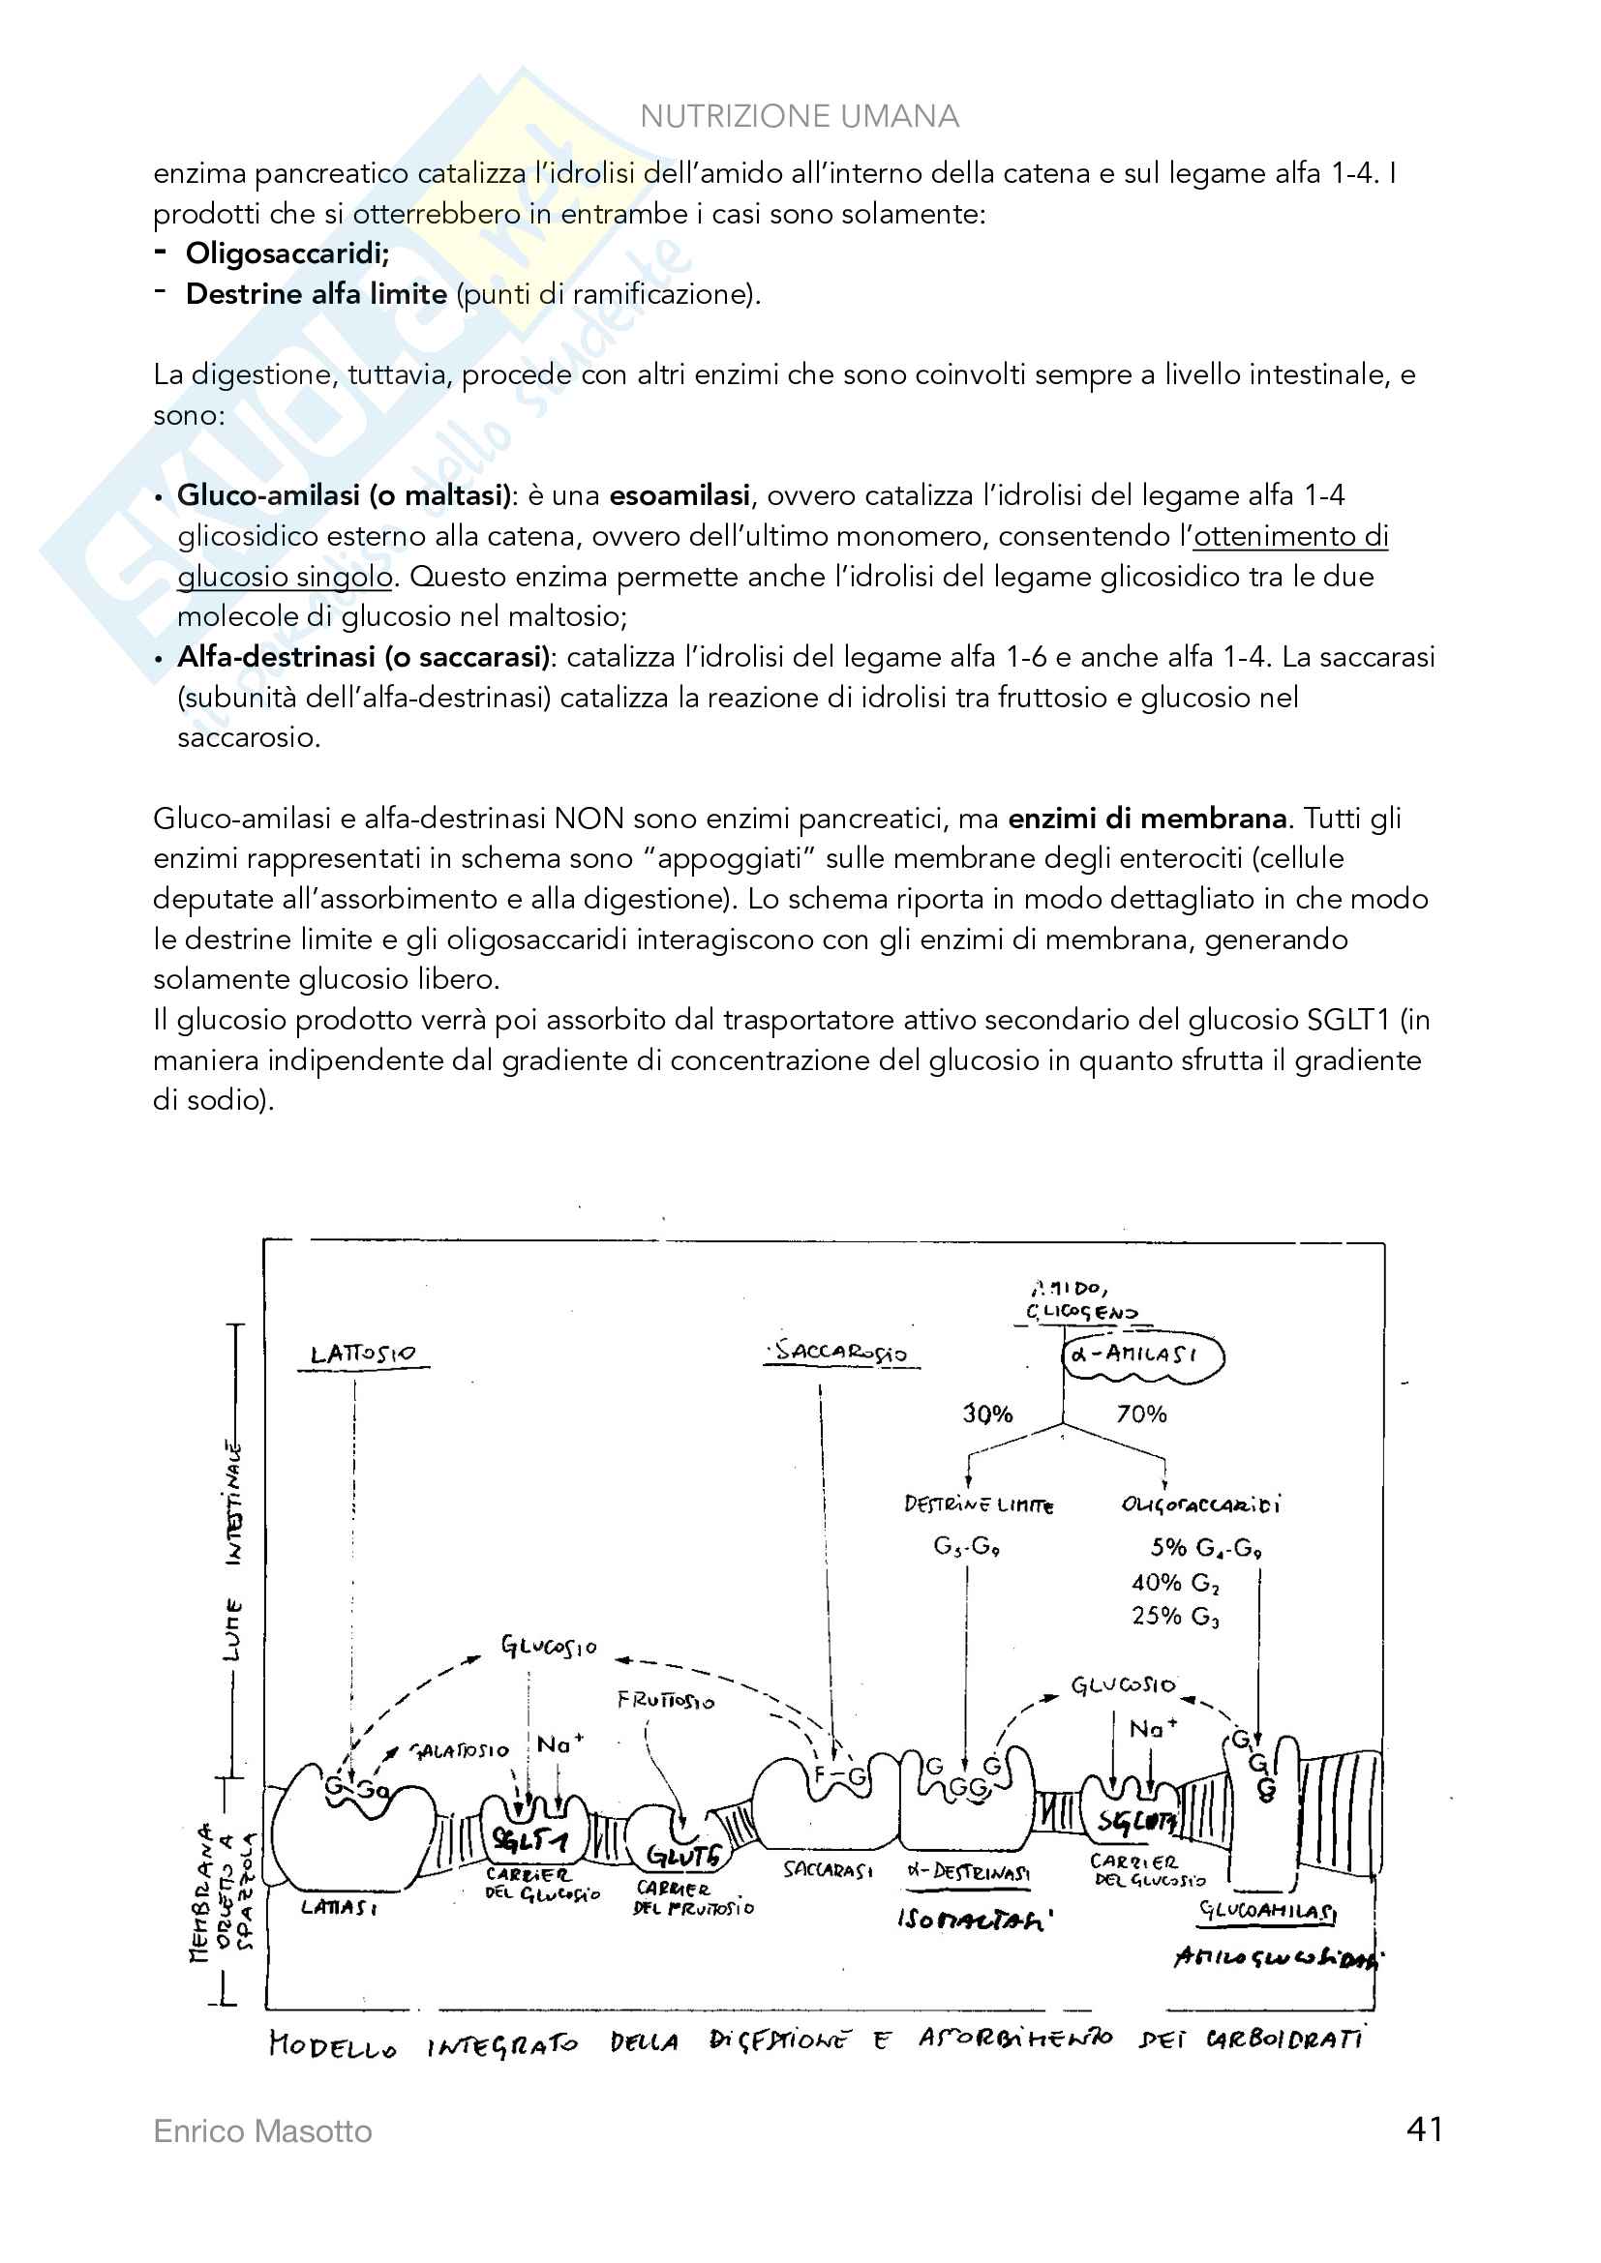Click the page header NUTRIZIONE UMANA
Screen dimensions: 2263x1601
pyautogui.click(x=799, y=116)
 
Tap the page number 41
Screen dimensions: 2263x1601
pyautogui.click(x=1425, y=2129)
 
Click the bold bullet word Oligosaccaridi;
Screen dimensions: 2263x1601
pyautogui.click(x=287, y=253)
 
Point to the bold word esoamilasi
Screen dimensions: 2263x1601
pyautogui.click(x=680, y=494)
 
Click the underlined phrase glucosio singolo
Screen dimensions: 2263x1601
pyautogui.click(x=285, y=576)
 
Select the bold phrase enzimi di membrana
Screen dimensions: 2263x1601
pyautogui.click(x=1146, y=819)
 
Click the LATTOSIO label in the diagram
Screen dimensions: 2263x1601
pyautogui.click(x=363, y=1355)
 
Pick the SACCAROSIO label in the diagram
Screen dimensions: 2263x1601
pyautogui.click(x=841, y=1351)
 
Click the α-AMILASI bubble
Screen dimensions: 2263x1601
pyautogui.click(x=1141, y=1355)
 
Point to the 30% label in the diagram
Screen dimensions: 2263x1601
pyautogui.click(x=988, y=1414)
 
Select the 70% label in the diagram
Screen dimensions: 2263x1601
pyautogui.click(x=1140, y=1414)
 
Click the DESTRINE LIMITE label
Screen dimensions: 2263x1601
pyautogui.click(x=978, y=1505)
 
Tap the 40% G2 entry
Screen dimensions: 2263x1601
pyautogui.click(x=1175, y=1583)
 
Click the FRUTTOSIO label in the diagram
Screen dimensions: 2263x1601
pyautogui.click(x=665, y=1700)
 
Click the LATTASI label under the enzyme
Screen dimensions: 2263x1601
pyautogui.click(x=338, y=1907)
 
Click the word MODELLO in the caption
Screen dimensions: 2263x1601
pyautogui.click(x=332, y=2046)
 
